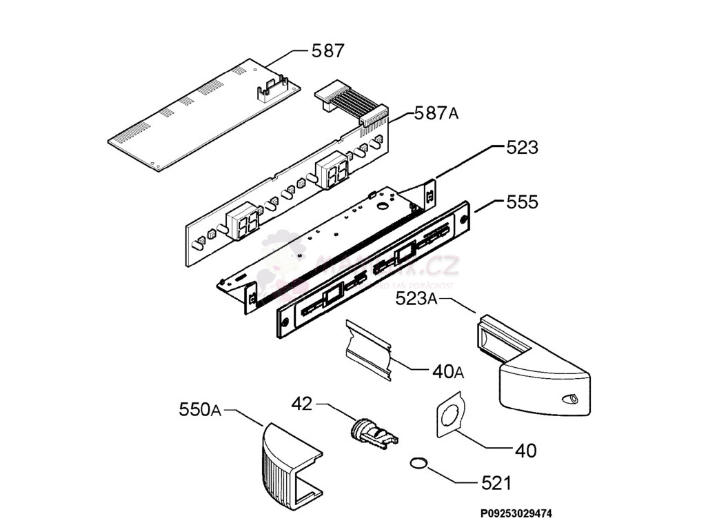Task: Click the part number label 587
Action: [327, 51]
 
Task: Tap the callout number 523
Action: [522, 148]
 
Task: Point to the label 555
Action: [522, 203]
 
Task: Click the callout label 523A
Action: [416, 298]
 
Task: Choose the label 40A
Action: [447, 372]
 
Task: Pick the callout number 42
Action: [301, 404]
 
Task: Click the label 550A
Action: [200, 411]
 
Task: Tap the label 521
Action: [496, 483]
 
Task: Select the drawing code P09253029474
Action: [516, 514]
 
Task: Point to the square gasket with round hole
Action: [449, 416]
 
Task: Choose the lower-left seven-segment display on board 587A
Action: [243, 222]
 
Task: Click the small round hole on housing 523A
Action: [571, 400]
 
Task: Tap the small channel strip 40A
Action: [368, 349]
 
